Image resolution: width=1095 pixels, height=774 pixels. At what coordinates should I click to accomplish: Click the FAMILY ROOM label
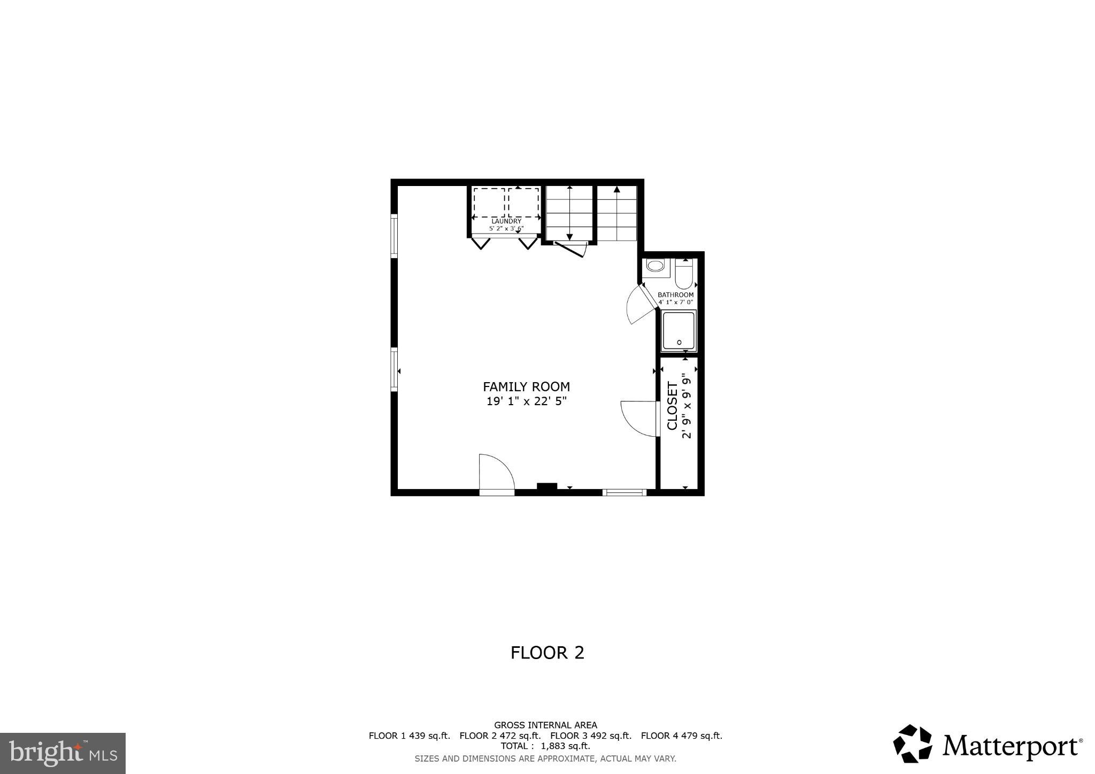[x=526, y=386]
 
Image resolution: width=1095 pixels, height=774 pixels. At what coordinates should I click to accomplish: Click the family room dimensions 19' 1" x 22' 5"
[x=526, y=401]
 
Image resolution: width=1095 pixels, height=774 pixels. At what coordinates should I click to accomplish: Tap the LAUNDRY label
[x=506, y=221]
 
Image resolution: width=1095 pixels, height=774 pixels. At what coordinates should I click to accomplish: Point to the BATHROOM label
[x=675, y=295]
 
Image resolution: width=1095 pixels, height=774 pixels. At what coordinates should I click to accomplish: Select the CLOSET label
[x=672, y=406]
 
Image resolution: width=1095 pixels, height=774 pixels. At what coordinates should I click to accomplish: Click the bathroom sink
[x=655, y=266]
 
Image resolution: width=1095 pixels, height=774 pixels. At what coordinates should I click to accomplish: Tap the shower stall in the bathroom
[x=679, y=331]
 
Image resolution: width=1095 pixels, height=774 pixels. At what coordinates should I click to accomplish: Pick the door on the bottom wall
[x=496, y=473]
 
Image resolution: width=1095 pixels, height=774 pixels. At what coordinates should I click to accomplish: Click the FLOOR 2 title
[x=547, y=653]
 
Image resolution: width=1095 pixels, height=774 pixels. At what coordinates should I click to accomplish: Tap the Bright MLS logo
[x=63, y=753]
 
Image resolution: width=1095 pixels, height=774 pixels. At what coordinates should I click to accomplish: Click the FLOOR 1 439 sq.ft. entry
[x=409, y=736]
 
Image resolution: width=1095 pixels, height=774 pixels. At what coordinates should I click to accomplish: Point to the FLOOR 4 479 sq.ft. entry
[x=681, y=736]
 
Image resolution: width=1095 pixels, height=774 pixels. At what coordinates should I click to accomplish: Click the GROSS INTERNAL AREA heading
[x=545, y=725]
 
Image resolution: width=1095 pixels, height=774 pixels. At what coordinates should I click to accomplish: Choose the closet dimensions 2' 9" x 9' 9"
[x=687, y=406]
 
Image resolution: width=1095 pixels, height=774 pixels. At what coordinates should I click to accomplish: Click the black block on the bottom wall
[x=546, y=487]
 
